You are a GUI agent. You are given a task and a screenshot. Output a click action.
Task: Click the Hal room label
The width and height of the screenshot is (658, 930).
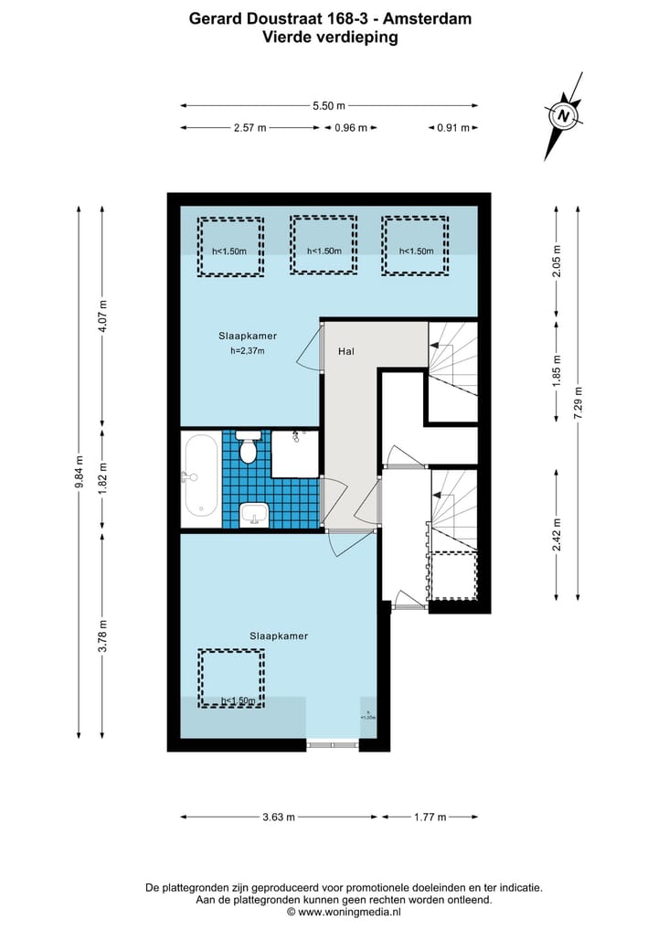[x=346, y=350]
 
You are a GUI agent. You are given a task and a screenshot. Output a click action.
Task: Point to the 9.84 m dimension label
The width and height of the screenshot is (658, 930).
[x=79, y=472]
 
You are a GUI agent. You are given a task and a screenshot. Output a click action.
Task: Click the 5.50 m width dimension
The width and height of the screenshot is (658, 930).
[x=328, y=106]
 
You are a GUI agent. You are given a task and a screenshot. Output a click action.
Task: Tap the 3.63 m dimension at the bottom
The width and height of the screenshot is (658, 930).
[x=278, y=817]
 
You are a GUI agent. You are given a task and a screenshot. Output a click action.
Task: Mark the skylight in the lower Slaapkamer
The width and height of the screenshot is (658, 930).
[x=231, y=678]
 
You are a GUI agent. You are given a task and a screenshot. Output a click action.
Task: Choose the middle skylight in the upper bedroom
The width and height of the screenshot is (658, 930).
[x=324, y=244]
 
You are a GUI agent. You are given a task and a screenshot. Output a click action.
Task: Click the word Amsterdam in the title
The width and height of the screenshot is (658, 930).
[x=430, y=17]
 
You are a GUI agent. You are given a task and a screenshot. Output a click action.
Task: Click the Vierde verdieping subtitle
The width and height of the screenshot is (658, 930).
[x=330, y=37]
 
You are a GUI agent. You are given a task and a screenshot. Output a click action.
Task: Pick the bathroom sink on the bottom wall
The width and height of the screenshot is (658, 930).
[x=254, y=515]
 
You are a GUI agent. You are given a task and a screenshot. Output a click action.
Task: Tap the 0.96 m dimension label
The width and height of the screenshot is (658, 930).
[x=351, y=128]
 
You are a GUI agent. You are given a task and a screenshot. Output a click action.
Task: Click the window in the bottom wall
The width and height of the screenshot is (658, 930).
[x=333, y=744]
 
